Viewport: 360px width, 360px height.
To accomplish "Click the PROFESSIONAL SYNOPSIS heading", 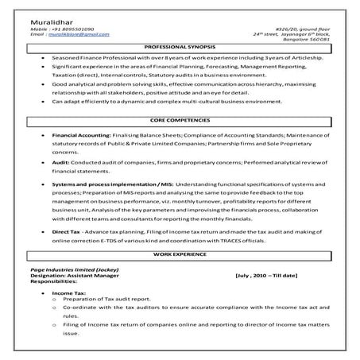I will coord(180,49).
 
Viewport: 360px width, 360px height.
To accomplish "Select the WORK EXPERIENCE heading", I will coord(180,254).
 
